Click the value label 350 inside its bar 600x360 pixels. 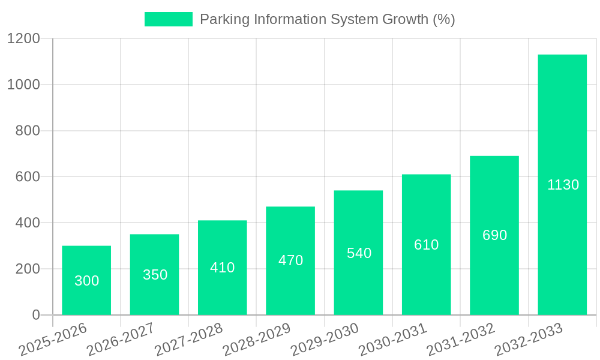155,275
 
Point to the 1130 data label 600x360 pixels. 563,185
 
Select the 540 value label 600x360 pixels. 359,253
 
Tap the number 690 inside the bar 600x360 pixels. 494,235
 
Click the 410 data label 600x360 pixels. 222,268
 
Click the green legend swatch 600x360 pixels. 169,19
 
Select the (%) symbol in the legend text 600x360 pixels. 443,19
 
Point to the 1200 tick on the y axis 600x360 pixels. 23,39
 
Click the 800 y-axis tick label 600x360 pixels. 28,131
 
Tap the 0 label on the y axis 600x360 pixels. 35,315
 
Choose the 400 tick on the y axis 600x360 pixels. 28,223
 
